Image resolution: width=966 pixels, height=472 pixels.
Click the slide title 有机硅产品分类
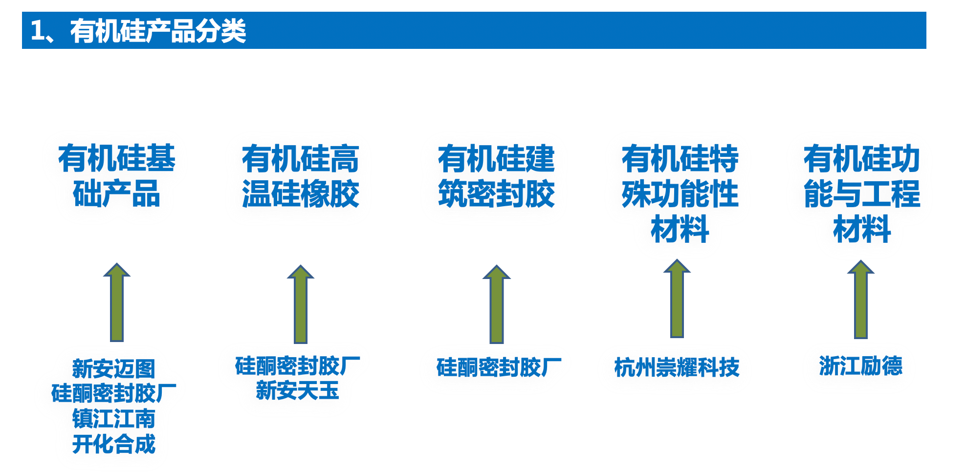pyautogui.click(x=138, y=31)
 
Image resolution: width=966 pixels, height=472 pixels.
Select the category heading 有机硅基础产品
pyautogui.click(x=116, y=176)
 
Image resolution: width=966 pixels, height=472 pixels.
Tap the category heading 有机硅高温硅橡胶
pyautogui.click(x=300, y=176)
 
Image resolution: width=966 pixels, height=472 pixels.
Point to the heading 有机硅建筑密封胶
pyautogui.click(x=496, y=176)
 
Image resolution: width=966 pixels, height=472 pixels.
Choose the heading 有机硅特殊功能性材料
pyautogui.click(x=680, y=193)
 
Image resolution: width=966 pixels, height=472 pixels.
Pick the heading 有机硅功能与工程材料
pyautogui.click(x=862, y=193)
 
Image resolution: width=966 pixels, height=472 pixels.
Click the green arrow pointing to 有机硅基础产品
pyautogui.click(x=117, y=303)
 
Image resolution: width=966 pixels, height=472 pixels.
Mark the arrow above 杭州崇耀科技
pyautogui.click(x=677, y=299)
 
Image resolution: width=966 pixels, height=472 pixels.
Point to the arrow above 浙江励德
pyautogui.click(x=861, y=300)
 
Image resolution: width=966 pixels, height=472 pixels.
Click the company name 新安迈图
pyautogui.click(x=113, y=369)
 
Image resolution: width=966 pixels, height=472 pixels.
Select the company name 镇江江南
pyautogui.click(x=113, y=419)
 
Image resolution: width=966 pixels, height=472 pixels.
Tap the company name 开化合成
pyautogui.click(x=113, y=444)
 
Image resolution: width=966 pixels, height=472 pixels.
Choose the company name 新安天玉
pyautogui.click(x=297, y=391)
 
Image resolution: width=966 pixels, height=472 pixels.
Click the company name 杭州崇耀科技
pyautogui.click(x=677, y=367)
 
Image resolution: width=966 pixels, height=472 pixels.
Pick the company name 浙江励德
pyautogui.click(x=860, y=366)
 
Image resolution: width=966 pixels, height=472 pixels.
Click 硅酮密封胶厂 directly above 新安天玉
pyautogui.click(x=297, y=366)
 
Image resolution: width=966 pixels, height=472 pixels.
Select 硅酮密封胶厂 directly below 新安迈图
pyautogui.click(x=113, y=393)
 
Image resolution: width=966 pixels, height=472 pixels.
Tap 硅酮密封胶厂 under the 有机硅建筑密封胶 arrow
pyautogui.click(x=499, y=367)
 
